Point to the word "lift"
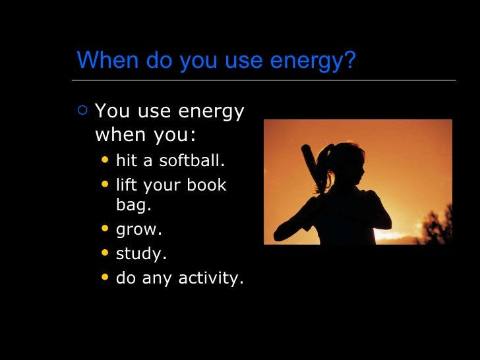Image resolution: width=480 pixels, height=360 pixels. click(125, 185)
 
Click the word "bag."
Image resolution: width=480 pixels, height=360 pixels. click(133, 205)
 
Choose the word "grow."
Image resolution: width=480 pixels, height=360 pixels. click(138, 230)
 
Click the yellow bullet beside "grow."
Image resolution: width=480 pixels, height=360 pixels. click(105, 229)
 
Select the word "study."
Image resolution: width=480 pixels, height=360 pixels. click(140, 254)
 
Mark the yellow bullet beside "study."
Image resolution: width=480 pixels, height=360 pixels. click(105, 253)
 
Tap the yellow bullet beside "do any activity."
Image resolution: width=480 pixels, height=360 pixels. click(105, 277)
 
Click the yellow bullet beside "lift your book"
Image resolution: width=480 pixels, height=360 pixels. click(105, 185)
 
